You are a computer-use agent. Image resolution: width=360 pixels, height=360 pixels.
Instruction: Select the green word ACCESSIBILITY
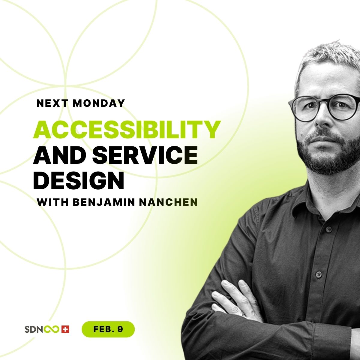pyautogui.click(x=127, y=130)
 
